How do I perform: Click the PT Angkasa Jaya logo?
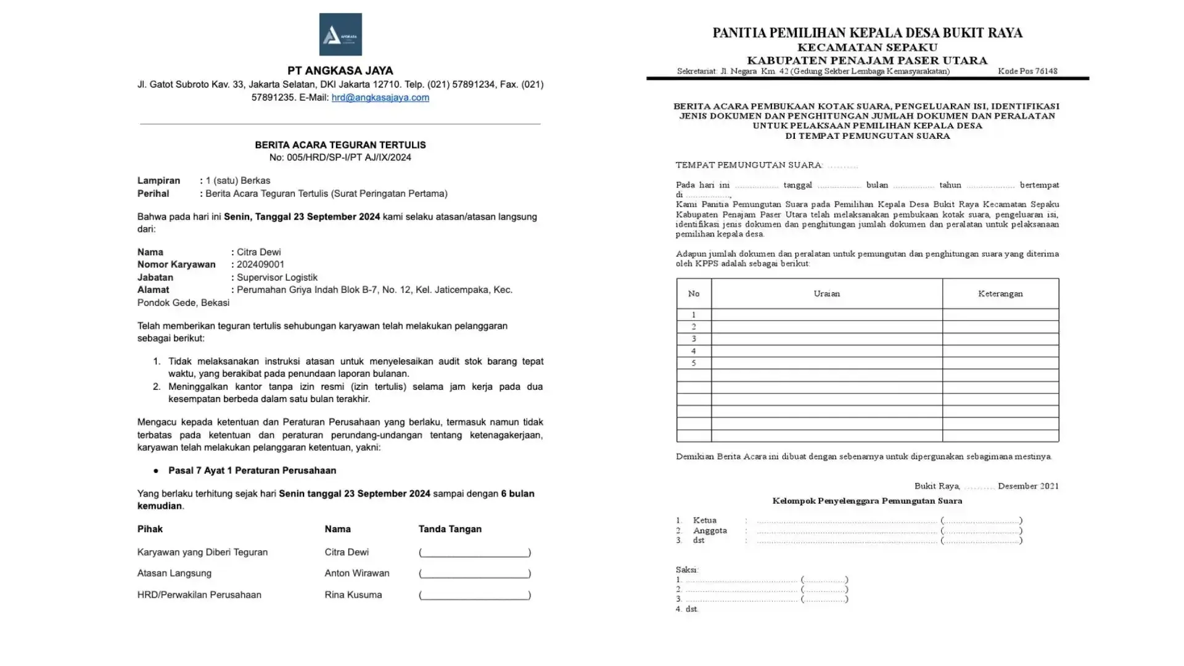340,35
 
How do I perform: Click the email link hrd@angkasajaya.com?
380,97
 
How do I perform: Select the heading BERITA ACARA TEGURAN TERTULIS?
340,145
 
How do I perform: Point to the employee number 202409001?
260,265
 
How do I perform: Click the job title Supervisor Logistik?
277,277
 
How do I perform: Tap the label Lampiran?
158,181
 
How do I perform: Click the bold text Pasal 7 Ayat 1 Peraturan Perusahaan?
252,471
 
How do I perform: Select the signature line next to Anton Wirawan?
474,573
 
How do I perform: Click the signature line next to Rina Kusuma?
474,595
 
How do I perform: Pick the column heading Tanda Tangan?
450,529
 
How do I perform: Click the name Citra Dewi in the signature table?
347,553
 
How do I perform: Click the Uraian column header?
826,294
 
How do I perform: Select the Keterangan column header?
1000,294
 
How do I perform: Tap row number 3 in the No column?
694,339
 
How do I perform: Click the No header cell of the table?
694,294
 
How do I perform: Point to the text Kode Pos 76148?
1027,72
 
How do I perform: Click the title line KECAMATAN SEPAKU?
867,47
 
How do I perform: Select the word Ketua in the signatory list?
704,520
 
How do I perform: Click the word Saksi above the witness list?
686,570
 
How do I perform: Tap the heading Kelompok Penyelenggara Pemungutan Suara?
867,501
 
